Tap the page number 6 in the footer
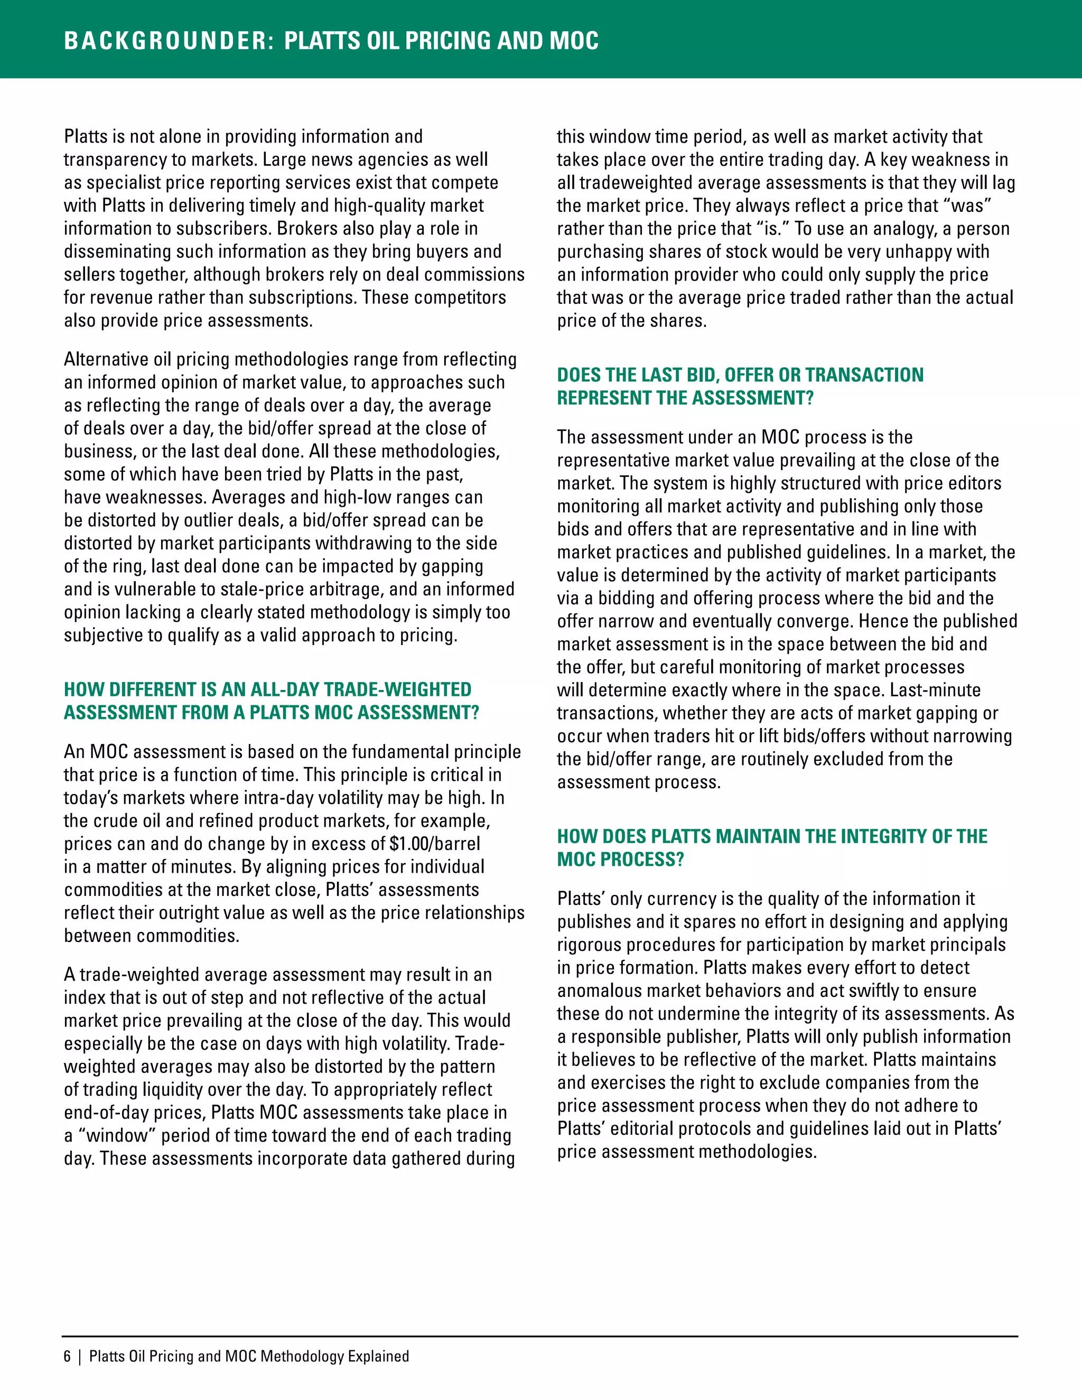tap(67, 1356)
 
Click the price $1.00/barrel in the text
tap(435, 844)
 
